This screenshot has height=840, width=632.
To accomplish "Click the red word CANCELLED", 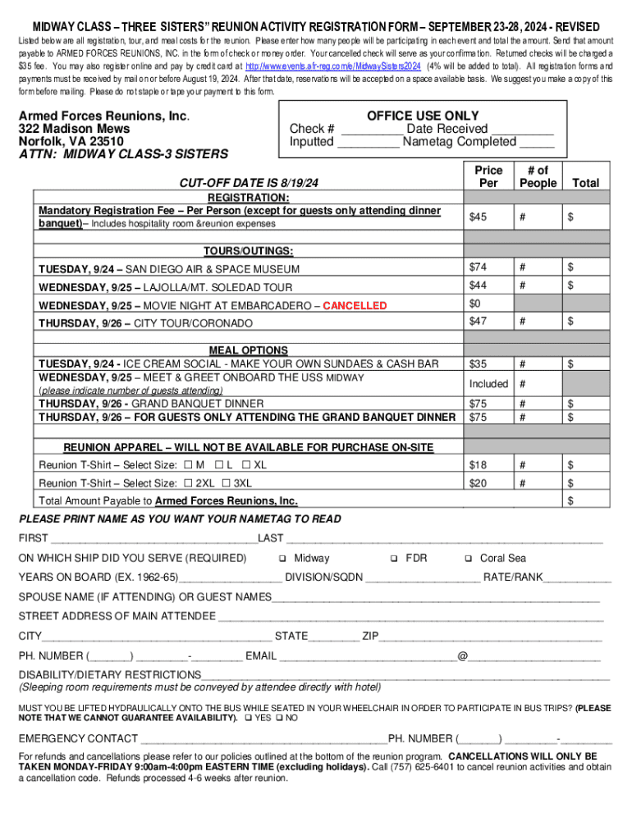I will point(355,305).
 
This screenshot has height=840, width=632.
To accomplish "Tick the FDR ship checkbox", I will point(394,559).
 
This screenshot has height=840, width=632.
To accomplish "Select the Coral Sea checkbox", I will point(468,559).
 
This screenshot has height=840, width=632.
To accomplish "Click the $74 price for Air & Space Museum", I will point(478,267).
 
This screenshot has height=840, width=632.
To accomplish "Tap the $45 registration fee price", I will point(478,217).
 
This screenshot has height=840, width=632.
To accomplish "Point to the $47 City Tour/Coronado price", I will point(478,320).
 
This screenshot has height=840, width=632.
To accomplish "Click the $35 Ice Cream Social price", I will point(478,363).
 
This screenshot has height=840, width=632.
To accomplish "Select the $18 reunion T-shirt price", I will point(478,465).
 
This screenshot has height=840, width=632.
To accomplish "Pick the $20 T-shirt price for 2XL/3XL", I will point(478,483).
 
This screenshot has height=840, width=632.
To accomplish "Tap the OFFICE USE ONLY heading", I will point(423,116).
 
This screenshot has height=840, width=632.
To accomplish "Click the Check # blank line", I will point(372,130).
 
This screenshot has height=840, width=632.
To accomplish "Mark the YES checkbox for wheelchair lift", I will point(247,718).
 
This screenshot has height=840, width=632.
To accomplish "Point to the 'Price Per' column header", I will point(488,176).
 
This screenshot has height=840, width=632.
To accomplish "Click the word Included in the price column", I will point(488,384).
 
